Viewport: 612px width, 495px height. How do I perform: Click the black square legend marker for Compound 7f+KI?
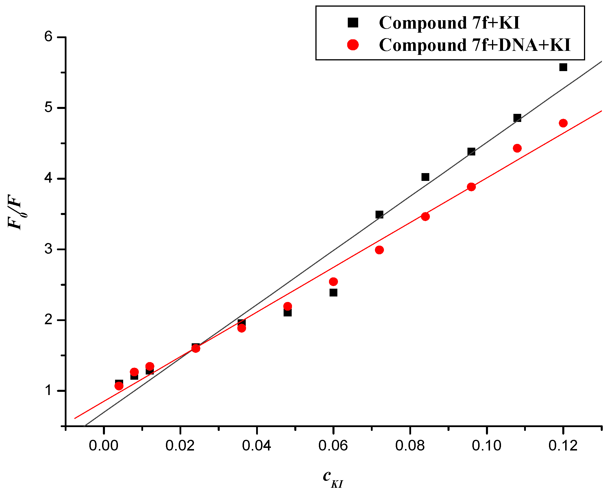[x=353, y=22]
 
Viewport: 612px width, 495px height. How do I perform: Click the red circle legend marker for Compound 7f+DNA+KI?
[x=353, y=45]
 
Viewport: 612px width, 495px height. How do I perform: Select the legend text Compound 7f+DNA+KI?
[x=474, y=45]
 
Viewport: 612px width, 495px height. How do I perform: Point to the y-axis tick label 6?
[x=48, y=37]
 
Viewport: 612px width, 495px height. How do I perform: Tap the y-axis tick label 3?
[x=48, y=249]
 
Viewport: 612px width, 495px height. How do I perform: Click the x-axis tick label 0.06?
[x=333, y=445]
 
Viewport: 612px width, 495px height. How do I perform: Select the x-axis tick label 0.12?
[x=563, y=445]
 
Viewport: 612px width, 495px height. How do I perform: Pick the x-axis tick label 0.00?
[x=103, y=445]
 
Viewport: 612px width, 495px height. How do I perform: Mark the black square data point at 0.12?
[x=563, y=67]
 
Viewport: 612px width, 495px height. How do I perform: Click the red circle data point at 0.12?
[x=563, y=123]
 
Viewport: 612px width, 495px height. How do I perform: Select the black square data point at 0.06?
[x=333, y=293]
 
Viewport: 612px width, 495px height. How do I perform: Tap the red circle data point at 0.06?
[x=333, y=281]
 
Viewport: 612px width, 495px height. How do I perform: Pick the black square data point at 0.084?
[x=425, y=177]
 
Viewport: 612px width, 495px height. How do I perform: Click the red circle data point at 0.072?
[x=379, y=250]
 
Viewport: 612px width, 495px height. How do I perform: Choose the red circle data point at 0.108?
[x=517, y=148]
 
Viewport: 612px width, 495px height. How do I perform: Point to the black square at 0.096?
[x=471, y=151]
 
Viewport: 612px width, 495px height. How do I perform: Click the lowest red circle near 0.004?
[x=119, y=386]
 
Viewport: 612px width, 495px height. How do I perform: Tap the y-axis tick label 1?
[x=48, y=390]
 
